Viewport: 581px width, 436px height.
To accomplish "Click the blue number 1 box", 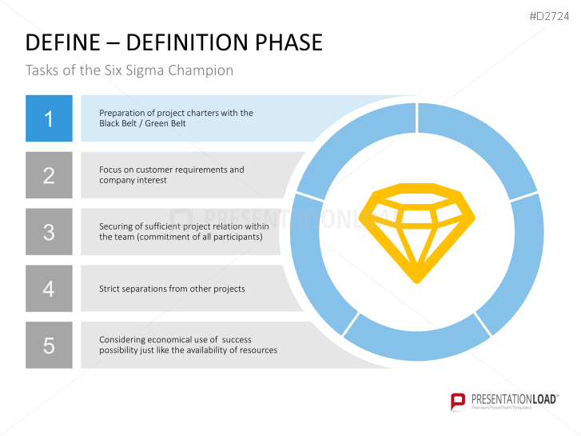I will pos(49,118).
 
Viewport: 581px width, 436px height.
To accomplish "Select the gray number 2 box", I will pos(49,175).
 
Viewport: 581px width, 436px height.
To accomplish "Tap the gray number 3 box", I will pos(49,232).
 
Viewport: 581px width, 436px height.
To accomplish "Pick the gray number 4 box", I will pos(49,288).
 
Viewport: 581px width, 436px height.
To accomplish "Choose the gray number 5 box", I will pos(49,345).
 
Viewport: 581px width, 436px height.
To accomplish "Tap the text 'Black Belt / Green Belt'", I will pos(142,124).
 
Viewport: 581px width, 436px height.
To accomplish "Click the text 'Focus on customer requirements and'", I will pos(172,170).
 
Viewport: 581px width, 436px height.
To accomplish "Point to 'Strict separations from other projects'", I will pos(172,289).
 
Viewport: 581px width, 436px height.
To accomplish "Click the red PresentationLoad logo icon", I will pos(458,401).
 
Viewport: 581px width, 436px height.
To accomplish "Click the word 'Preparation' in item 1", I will pos(121,113).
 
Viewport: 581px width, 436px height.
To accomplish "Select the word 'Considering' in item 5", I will pos(122,340).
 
